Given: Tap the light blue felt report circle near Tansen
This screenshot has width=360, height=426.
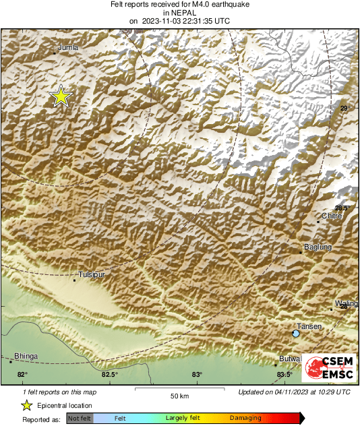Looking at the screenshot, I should pyautogui.click(x=295, y=334).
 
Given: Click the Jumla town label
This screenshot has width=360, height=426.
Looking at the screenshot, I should pyautogui.click(x=68, y=47).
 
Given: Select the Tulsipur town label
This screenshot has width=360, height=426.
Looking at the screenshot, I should pyautogui.click(x=92, y=275).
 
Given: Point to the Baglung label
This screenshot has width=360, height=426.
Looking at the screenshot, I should pyautogui.click(x=318, y=247).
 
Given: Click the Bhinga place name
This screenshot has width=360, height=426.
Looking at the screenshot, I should pyautogui.click(x=26, y=356).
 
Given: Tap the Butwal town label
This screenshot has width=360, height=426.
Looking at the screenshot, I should pyautogui.click(x=290, y=359).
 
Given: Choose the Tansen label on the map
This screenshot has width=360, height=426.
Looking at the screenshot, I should pyautogui.click(x=309, y=326).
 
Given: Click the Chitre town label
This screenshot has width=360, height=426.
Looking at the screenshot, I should pyautogui.click(x=332, y=216).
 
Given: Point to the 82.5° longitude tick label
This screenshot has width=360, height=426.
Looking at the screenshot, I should pyautogui.click(x=109, y=375).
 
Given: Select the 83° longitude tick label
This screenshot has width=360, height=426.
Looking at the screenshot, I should pyautogui.click(x=196, y=375).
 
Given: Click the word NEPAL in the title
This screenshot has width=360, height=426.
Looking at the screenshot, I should pyautogui.click(x=179, y=12).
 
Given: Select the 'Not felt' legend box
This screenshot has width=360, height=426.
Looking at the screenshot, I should pyautogui.click(x=80, y=419).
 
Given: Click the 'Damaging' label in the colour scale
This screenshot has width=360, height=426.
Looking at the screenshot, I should pyautogui.click(x=245, y=419).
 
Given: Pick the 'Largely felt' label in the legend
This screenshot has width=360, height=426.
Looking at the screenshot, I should pyautogui.click(x=181, y=419).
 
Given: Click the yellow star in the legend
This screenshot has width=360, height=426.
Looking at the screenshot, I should pyautogui.click(x=27, y=405).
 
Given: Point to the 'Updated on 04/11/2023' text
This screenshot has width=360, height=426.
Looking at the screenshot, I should pyautogui.click(x=294, y=392).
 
